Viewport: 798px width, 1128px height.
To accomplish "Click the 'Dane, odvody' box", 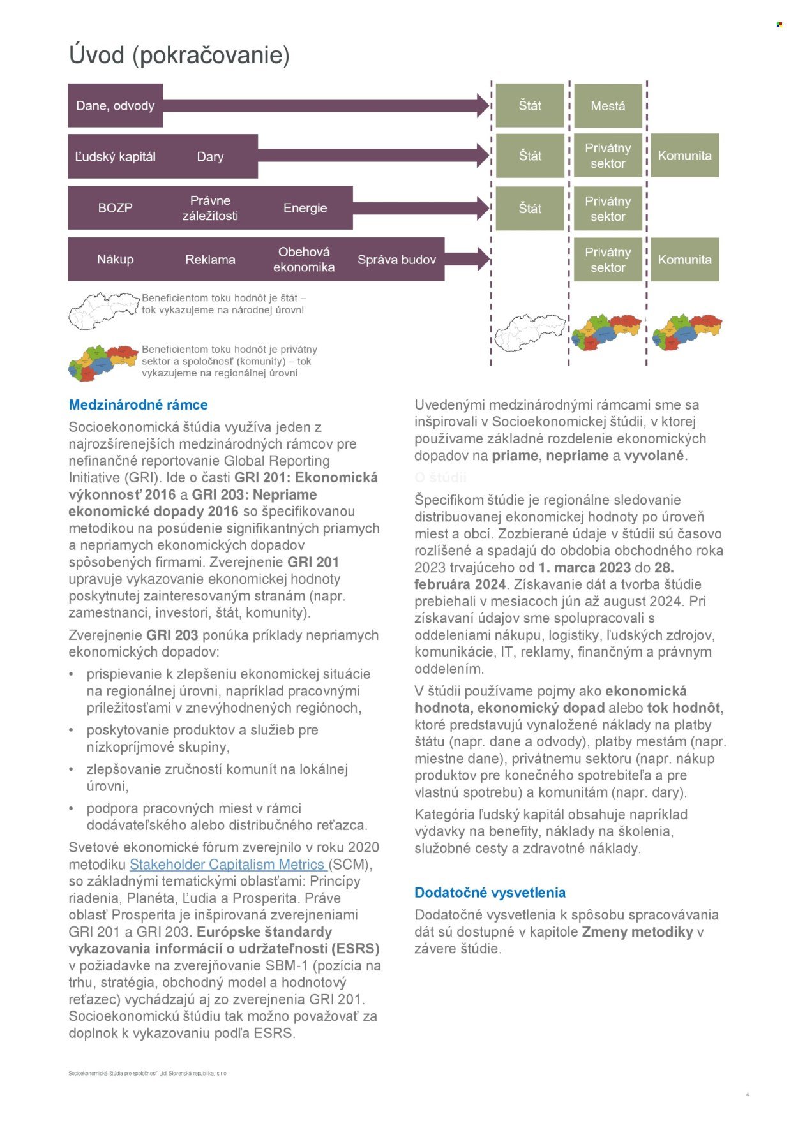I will coord(116,106).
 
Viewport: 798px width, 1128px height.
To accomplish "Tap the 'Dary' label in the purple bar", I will coord(210,157).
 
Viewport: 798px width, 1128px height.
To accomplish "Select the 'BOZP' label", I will coord(116,208).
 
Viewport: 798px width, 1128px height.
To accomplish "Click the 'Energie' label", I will coord(305,208).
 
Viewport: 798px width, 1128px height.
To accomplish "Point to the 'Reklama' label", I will coord(210,260).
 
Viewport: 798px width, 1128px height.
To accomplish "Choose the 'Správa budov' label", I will coord(396,260).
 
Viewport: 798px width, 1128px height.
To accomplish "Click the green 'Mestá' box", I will coord(608,106).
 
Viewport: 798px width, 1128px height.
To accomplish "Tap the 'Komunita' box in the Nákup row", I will coord(684,260).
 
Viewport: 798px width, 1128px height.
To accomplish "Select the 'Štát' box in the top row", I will coord(530,105).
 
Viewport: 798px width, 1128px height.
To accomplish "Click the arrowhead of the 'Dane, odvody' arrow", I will coord(483,105).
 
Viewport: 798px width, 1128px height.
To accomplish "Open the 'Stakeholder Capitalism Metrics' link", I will coord(229,865).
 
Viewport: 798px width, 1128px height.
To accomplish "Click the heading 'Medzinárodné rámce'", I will coord(139,404).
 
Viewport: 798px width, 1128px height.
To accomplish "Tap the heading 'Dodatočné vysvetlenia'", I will coord(490,893).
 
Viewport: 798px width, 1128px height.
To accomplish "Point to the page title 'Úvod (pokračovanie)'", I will coord(179,55).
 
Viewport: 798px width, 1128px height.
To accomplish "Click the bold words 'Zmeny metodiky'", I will coord(637,931).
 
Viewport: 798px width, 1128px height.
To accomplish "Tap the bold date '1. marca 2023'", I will coord(584,568).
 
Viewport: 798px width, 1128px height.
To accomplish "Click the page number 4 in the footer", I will coord(747,1095).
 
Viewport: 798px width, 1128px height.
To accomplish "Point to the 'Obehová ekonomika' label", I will coord(304,260).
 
